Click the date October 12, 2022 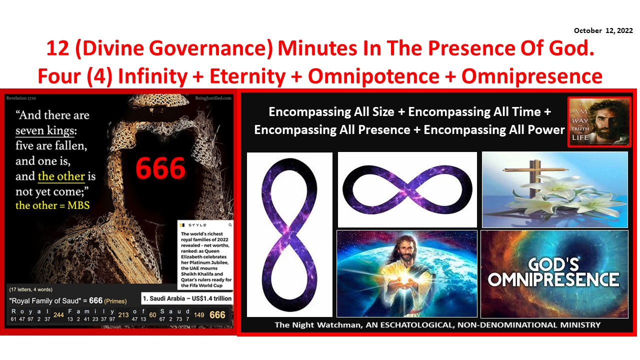pos(603,31)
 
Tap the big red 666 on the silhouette pos(160,169)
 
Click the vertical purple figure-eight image pos(289,234)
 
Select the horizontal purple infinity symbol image pos(407,189)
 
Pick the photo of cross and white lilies pos(554,189)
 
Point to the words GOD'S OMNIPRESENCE pos(553,272)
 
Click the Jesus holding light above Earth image pos(406,273)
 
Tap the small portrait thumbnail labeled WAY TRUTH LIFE pos(599,121)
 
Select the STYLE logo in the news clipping pos(197,225)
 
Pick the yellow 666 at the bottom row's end pos(217,315)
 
